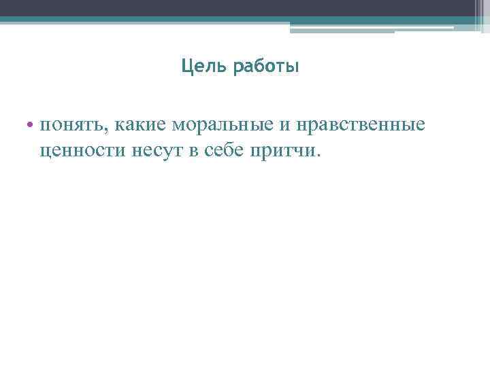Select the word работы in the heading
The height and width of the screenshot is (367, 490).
coord(266,68)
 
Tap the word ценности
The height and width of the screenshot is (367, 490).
coord(80,150)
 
